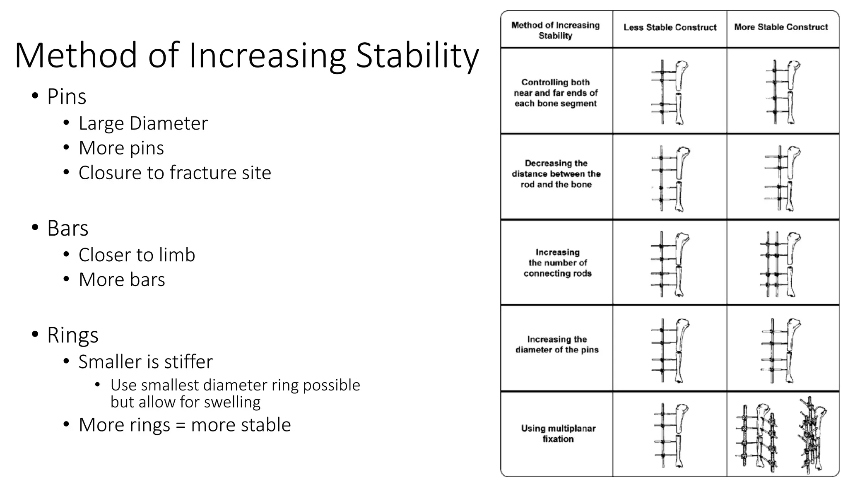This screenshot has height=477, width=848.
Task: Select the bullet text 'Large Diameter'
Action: (143, 123)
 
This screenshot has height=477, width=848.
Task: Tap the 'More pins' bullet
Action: (121, 148)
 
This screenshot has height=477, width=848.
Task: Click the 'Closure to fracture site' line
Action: (175, 173)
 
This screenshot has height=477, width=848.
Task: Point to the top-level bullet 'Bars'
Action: (67, 228)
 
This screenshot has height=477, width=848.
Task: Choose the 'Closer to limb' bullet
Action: (137, 255)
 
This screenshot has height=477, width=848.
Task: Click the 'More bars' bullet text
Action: (122, 279)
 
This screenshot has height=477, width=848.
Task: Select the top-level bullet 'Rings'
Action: (72, 335)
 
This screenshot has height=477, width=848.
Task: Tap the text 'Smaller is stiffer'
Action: (145, 362)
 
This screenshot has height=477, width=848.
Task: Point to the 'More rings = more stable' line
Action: (185, 425)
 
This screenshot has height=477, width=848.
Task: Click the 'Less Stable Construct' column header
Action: (670, 28)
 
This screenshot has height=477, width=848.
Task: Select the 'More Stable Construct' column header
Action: (781, 27)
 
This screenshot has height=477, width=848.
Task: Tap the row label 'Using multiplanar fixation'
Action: (558, 434)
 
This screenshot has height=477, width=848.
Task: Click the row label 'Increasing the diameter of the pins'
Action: (557, 344)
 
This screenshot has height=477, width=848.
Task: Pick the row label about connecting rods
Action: (557, 263)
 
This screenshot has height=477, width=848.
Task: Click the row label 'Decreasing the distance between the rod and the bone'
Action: (556, 174)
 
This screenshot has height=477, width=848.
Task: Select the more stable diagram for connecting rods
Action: (781, 264)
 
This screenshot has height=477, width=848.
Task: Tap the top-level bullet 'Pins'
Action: (66, 97)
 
